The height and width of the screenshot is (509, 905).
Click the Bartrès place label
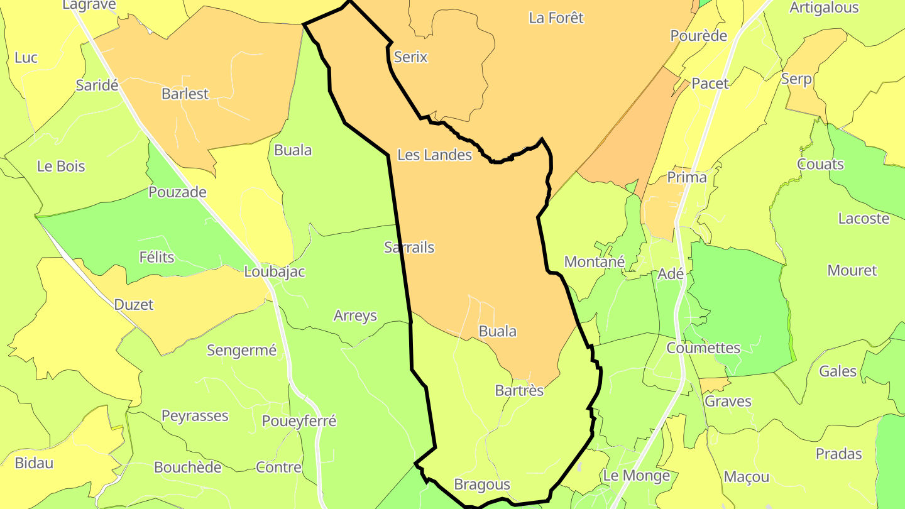click(x=519, y=391)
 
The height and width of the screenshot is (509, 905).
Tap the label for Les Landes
click(x=435, y=155)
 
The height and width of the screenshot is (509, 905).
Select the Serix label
click(x=410, y=57)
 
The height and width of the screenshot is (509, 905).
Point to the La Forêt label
click(x=556, y=18)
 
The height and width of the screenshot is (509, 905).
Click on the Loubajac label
click(x=275, y=272)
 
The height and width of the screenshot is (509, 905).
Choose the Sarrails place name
click(x=409, y=248)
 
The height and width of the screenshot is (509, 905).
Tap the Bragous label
click(x=482, y=484)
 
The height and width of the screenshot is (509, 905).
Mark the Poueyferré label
click(x=299, y=421)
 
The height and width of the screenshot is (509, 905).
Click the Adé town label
click(x=670, y=274)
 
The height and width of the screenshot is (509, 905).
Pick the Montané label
click(x=595, y=261)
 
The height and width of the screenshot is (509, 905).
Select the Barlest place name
click(x=185, y=94)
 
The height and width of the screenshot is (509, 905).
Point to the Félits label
click(x=156, y=257)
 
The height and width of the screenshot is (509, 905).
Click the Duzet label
click(x=134, y=305)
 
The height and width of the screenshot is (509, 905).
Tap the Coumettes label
click(x=703, y=348)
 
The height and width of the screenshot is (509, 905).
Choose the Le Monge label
click(x=636, y=476)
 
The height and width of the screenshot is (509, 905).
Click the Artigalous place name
click(x=824, y=8)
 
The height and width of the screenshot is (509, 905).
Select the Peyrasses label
click(x=195, y=416)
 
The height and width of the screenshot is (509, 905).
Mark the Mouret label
click(x=852, y=271)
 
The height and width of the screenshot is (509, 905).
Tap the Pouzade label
click(x=177, y=192)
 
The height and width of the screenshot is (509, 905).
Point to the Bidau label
click(x=34, y=464)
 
